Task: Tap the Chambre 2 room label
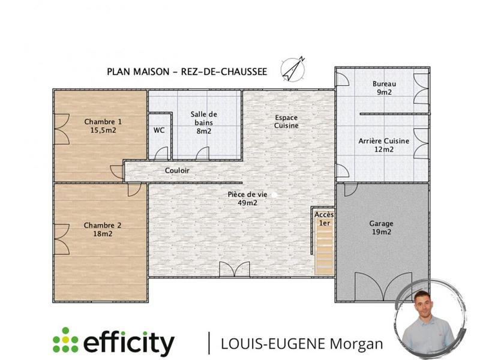point(103,229)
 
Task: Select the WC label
point(159,130)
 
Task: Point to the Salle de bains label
point(203,122)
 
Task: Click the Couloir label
point(177,171)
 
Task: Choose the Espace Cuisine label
point(286,122)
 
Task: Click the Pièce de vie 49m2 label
point(247,199)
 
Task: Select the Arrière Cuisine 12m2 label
point(383,145)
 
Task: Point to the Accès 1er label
point(324,218)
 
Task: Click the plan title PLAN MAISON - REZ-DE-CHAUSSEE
point(187,71)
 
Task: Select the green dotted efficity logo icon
point(65,341)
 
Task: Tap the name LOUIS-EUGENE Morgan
point(302,343)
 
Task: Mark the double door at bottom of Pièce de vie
point(235,269)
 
